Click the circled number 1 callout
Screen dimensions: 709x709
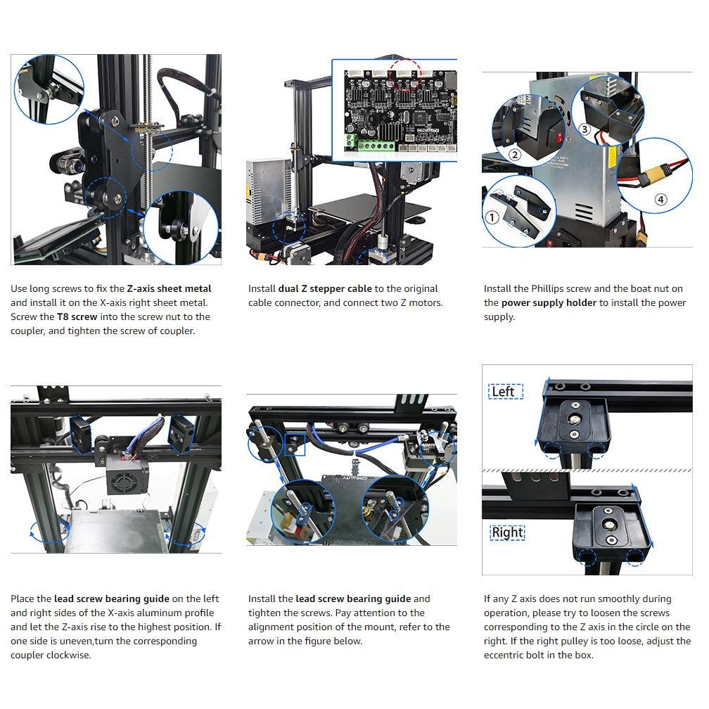click(x=492, y=217)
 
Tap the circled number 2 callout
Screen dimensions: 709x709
click(x=515, y=155)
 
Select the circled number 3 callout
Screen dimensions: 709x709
click(x=585, y=129)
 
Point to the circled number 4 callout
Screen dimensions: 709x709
click(x=660, y=200)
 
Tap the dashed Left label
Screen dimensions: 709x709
click(x=506, y=391)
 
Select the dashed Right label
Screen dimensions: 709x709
click(x=508, y=532)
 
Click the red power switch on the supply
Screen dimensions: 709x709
click(x=559, y=136)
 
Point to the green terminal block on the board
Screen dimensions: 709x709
click(x=376, y=146)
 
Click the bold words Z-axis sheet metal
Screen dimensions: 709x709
click(x=169, y=288)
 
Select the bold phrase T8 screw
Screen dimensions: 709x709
click(x=77, y=317)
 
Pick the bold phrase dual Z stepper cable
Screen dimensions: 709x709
click(x=325, y=288)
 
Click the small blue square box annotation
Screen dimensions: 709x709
click(x=294, y=444)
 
